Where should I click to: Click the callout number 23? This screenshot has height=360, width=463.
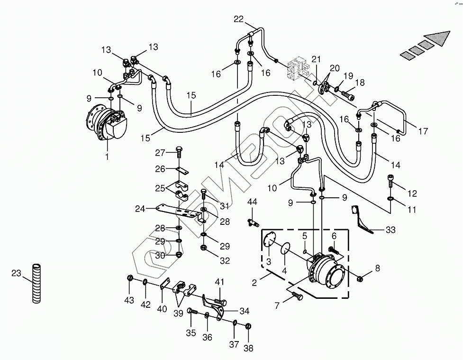[16, 273]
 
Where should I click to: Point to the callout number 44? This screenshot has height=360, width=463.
[252, 202]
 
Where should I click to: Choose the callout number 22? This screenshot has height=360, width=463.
[238, 19]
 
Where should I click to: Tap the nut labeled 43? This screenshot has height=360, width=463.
[129, 278]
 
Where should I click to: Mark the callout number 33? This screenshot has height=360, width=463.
[390, 230]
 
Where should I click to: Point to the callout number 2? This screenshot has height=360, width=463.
[254, 283]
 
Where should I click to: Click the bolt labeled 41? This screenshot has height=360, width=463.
[220, 301]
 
